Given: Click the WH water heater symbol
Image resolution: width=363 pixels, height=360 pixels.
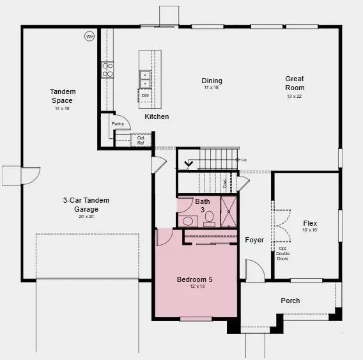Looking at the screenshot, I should point(89,37).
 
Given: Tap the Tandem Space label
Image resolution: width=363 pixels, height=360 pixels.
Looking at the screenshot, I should point(62,97).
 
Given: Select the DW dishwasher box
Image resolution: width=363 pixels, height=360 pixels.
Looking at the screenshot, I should point(145,96).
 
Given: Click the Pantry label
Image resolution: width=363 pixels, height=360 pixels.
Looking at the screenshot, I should point(117,123).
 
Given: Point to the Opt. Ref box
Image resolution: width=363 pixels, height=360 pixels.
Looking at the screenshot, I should point(141,140).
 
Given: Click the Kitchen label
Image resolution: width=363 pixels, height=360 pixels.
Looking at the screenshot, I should point(157,116).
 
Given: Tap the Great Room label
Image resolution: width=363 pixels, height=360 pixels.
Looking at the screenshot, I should point(295,83).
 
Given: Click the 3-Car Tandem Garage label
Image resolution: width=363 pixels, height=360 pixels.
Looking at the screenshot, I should point(86,205).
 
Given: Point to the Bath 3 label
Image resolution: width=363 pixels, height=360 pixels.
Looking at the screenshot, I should point(203,205).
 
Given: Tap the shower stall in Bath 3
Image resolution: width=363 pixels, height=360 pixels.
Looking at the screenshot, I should point(229,211).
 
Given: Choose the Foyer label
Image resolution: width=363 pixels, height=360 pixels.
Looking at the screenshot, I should point(254,240).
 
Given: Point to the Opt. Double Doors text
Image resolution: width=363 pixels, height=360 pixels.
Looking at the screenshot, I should point(282,253).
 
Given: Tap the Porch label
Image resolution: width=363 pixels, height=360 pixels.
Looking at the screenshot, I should point(290,301).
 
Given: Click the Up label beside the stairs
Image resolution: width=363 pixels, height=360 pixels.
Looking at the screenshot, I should point(243,160).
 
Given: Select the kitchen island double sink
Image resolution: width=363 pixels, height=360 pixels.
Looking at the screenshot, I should point(145,79).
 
